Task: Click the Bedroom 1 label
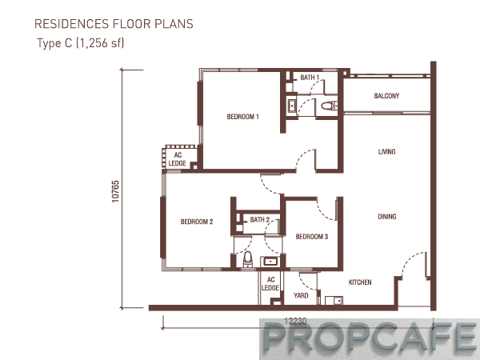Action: point(242,117)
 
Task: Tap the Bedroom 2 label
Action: point(197,222)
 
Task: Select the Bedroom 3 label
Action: point(312,237)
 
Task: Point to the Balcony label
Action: point(386,96)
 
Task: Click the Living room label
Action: point(386,151)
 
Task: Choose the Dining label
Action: point(387,217)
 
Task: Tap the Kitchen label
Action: point(360,282)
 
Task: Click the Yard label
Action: point(301,295)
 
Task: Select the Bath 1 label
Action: point(310,78)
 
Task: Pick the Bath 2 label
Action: point(259,220)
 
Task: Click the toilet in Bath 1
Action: point(329,106)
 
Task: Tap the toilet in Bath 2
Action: point(248,259)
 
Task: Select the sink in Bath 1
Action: point(292,106)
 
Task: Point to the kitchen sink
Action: point(334,300)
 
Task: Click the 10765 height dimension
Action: point(115,191)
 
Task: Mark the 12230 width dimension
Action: point(295,322)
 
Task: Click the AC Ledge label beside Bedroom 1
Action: point(178,159)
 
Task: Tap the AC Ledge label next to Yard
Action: point(270,284)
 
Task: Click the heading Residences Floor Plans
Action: point(114,24)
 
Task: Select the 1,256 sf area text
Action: point(100,43)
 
